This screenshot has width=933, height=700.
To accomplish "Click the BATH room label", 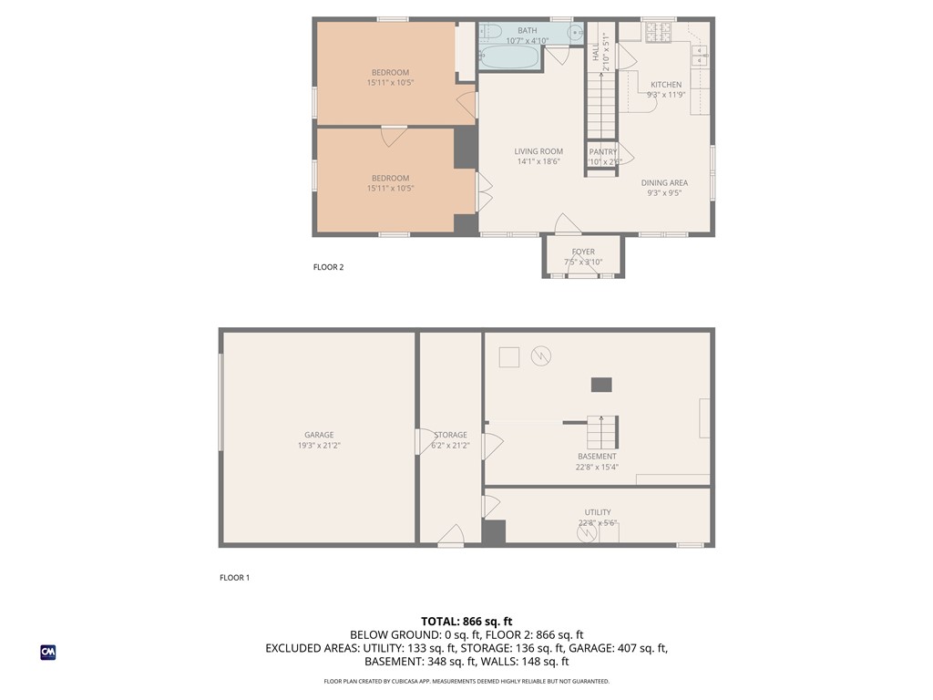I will click(528, 31).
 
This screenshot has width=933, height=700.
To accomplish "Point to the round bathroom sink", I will click(576, 33).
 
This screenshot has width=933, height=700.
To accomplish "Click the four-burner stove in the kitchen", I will click(657, 32).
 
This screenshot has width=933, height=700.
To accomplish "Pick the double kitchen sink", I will click(700, 57).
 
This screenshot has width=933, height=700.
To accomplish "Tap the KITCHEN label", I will click(665, 85).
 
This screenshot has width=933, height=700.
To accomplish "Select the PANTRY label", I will click(603, 152).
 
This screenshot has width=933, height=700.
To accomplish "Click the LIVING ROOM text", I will click(538, 151).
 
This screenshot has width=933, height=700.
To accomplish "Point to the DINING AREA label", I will click(664, 182).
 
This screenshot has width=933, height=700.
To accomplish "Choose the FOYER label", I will click(583, 252).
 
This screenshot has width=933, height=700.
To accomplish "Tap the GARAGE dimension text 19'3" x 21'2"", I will click(319, 446).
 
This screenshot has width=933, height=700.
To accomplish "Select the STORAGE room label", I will click(450, 435).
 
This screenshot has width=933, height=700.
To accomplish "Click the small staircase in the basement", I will click(602, 431).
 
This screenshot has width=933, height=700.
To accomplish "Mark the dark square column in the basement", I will click(601, 385).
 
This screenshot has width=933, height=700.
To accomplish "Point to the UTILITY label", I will click(598, 512).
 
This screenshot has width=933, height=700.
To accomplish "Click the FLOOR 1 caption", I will click(234, 577).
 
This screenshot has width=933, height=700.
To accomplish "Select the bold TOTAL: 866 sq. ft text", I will click(466, 621).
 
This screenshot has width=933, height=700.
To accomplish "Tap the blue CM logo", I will click(48, 652).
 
